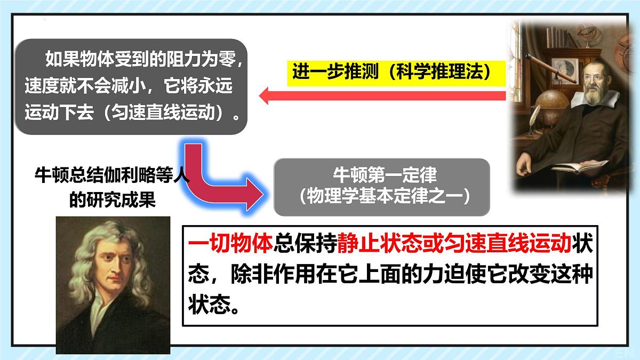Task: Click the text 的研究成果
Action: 112,199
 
